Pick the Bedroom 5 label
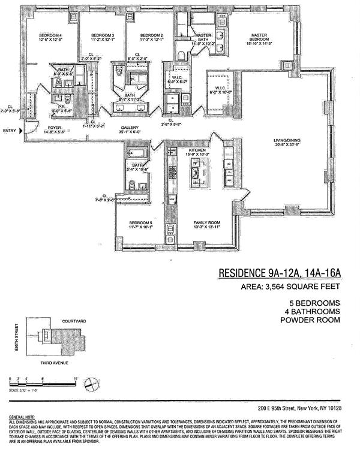(x=141, y=223)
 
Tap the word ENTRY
(x=9, y=130)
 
